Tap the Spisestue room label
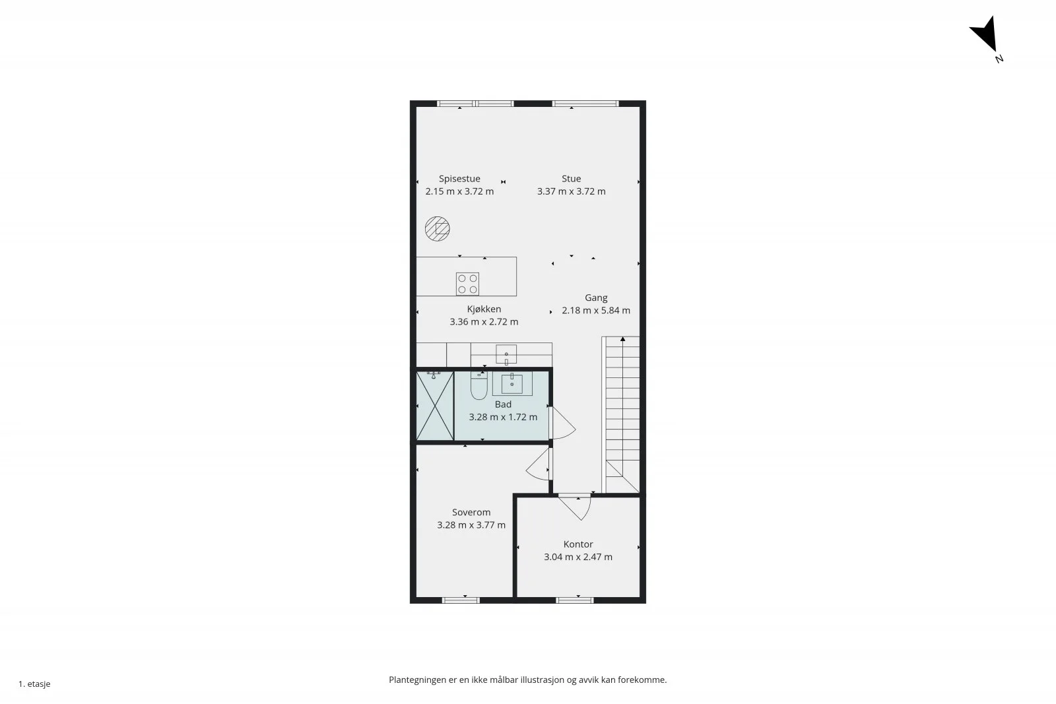click(459, 179)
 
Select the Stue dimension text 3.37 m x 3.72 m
click(571, 191)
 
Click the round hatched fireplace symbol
click(437, 229)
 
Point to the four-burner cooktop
click(467, 284)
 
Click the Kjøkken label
click(484, 309)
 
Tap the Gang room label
click(596, 298)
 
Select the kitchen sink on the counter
click(506, 354)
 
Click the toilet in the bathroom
click(479, 385)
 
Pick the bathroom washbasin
click(512, 383)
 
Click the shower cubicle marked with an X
click(435, 406)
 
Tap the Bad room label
click(503, 404)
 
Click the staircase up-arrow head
click(623, 339)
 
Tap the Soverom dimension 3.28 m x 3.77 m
click(471, 525)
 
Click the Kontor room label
click(578, 544)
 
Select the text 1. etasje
click(34, 684)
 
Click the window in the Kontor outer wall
click(574, 600)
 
